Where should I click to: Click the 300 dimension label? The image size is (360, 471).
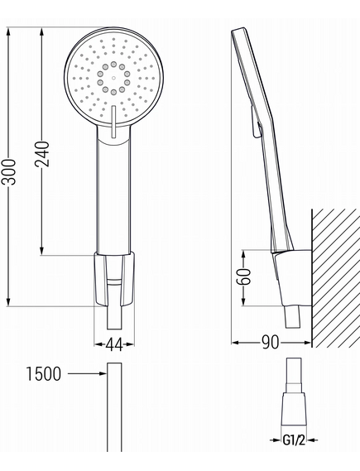coord(8,172)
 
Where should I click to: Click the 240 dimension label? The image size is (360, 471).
coord(41,154)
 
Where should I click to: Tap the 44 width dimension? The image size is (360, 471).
coord(114,344)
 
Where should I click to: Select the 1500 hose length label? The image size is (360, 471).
coord(44,374)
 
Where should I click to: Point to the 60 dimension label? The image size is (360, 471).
coord(243,276)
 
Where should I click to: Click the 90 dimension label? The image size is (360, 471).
coord(271,342)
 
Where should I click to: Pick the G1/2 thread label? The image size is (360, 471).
coord(294,440)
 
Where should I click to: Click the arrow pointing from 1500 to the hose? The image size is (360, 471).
coord(87,373)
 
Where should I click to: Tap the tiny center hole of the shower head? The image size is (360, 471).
coord(113,78)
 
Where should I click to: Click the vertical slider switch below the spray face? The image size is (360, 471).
coord(113,122)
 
